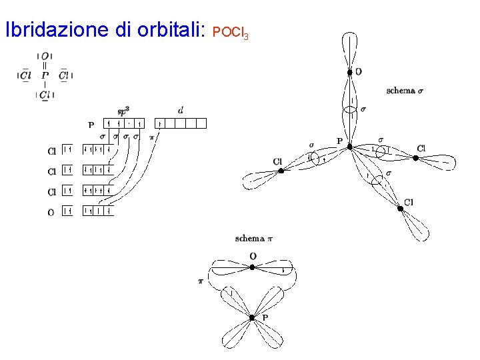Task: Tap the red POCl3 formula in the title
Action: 230,32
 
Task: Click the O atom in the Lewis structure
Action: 45,56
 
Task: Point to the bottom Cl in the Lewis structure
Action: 45,95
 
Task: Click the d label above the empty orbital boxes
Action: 181,110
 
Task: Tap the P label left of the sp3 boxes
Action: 91,124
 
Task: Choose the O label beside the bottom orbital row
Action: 51,212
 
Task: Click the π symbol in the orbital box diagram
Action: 151,137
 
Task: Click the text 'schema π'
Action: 253,238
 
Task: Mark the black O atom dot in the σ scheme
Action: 349,72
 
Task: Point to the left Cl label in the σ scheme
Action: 278,161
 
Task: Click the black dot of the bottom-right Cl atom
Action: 400,209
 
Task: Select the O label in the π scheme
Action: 253,256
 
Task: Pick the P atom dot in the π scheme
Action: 252,318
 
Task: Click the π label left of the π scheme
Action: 200,281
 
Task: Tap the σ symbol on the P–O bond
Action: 363,109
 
